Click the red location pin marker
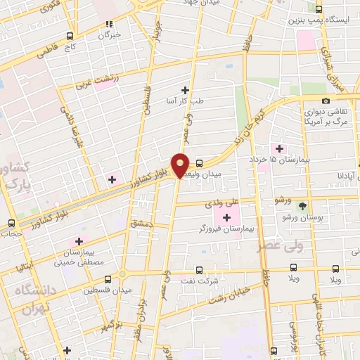181,165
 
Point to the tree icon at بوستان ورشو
302,206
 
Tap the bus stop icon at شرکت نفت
199,269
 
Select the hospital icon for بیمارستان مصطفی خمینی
79,243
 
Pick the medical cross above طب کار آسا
186,89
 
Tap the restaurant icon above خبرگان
109,24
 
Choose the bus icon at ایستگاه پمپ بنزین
319,9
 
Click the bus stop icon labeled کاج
70,36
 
